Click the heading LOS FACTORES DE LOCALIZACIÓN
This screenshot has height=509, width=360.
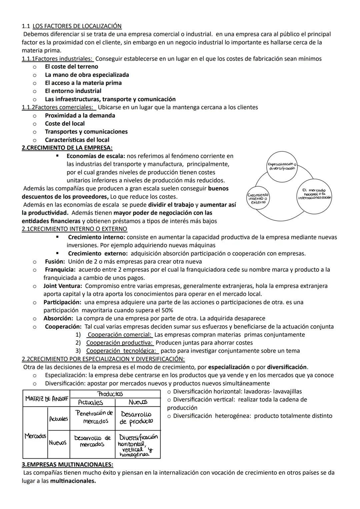(x=77, y=26)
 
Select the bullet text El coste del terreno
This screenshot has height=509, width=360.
(x=71, y=67)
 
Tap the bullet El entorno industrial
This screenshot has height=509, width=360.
(x=73, y=91)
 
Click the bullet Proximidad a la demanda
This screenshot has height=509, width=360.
(x=80, y=115)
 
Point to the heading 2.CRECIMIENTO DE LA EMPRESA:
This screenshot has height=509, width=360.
(x=67, y=148)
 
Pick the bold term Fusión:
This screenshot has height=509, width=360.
(x=55, y=262)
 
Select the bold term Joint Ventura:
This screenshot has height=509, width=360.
(x=63, y=286)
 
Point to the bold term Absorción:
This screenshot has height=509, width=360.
(x=58, y=318)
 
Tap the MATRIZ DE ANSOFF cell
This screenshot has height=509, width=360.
(x=46, y=399)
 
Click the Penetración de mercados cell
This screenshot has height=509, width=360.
(x=92, y=417)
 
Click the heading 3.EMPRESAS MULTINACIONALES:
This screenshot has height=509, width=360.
(x=67, y=465)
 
